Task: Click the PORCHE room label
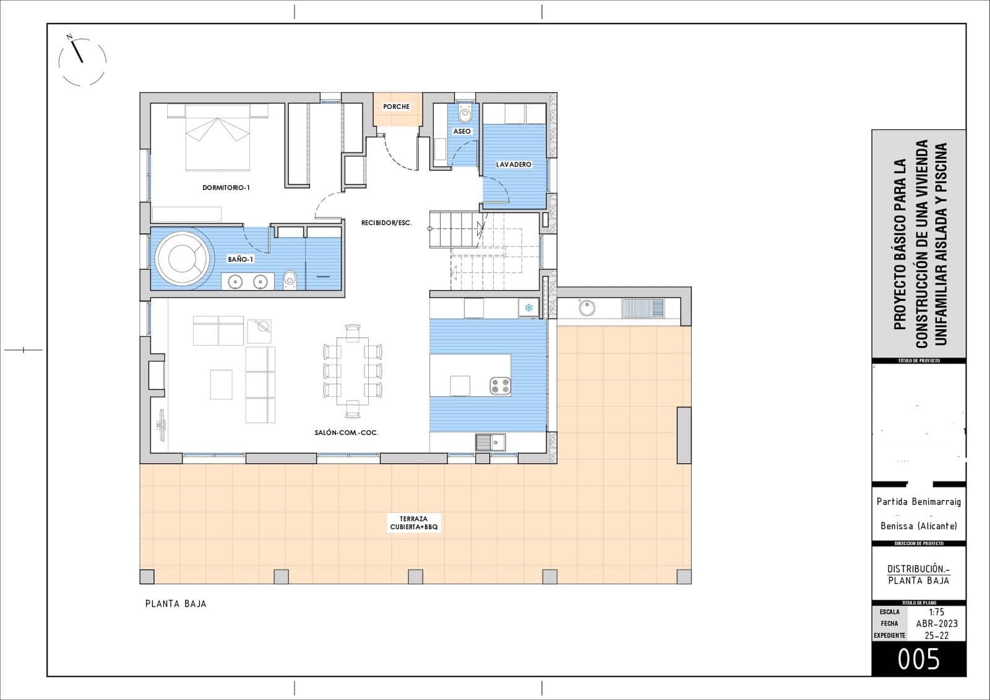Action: pos(396,106)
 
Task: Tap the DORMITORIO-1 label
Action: pos(226,188)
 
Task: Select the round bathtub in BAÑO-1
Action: pos(182,258)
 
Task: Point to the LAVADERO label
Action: pos(514,165)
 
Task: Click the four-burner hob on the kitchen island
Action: pos(500,386)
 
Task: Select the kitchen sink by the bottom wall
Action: pos(490,442)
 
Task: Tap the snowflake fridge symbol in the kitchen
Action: pos(529,307)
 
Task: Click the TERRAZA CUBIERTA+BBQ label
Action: pos(414,523)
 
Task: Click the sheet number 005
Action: pos(918,660)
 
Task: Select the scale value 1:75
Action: pos(936,612)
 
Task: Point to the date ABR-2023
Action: pos(936,624)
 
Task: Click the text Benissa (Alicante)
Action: pos(918,526)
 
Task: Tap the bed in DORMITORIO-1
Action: pos(218,137)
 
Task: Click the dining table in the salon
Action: pos(352,371)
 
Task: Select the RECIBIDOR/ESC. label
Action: pos(387,223)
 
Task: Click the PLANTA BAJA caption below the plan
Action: pos(176,603)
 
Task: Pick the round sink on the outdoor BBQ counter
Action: pos(586,308)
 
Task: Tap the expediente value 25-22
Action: pos(936,636)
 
